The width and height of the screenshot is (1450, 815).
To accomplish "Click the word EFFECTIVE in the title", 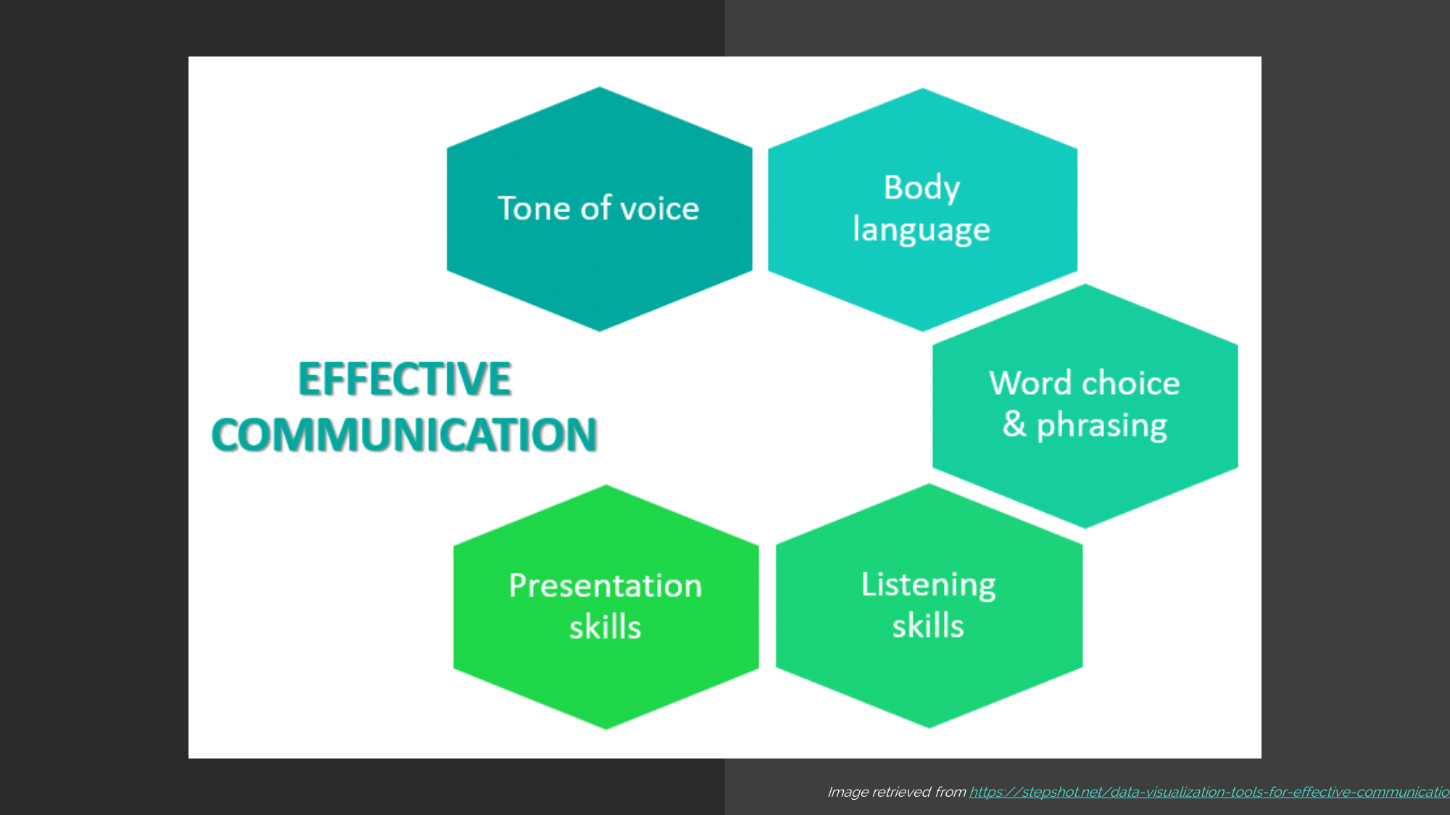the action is tap(405, 378).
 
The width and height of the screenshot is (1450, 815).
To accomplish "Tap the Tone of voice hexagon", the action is tap(600, 209).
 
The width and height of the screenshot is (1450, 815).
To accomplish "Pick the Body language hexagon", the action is tap(922, 209).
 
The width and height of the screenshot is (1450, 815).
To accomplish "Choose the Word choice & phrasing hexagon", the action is tap(1085, 406).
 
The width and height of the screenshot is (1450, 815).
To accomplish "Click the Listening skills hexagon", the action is tap(929, 606).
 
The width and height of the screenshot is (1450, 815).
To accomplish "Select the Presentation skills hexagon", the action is tap(606, 607).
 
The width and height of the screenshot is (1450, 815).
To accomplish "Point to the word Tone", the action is tap(534, 208).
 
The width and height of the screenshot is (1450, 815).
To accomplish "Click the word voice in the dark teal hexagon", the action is tap(660, 209).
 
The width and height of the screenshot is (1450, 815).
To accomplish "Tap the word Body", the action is tap(922, 189).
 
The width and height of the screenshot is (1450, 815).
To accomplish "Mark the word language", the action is tap(921, 230).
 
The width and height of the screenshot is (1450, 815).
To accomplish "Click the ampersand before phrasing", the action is tap(1014, 424).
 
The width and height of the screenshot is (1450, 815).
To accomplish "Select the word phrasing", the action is tap(1102, 426).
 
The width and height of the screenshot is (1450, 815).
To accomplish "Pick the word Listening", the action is tap(929, 585).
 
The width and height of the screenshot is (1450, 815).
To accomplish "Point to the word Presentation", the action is tap(605, 585).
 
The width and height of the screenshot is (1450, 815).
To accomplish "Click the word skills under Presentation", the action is tap(605, 627).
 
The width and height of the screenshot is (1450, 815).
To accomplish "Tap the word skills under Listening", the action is tap(928, 625).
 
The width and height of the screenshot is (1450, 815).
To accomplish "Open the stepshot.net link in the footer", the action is tap(1209, 792).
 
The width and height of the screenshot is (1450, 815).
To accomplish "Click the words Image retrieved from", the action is tap(896, 792).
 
